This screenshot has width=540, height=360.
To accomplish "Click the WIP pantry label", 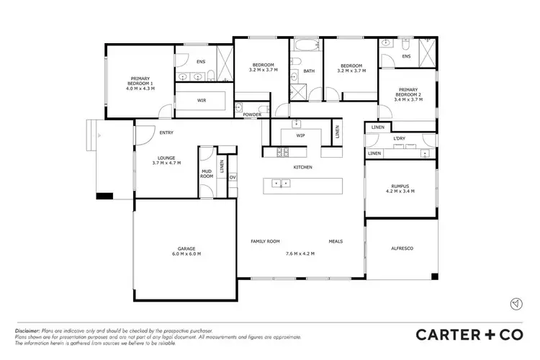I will tap(301, 135).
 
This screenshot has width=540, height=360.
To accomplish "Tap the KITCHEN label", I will tap(302, 167).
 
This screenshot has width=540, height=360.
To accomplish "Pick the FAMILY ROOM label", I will tap(265, 241).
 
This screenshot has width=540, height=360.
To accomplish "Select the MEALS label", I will tap(336, 241).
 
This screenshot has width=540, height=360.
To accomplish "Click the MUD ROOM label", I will tap(207, 174).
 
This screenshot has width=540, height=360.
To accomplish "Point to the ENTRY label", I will tap(166, 132).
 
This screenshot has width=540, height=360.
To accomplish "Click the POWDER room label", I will tap(252, 114).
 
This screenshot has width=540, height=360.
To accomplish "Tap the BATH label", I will tap(309, 71).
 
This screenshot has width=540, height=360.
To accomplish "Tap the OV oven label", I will tap(233, 176).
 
